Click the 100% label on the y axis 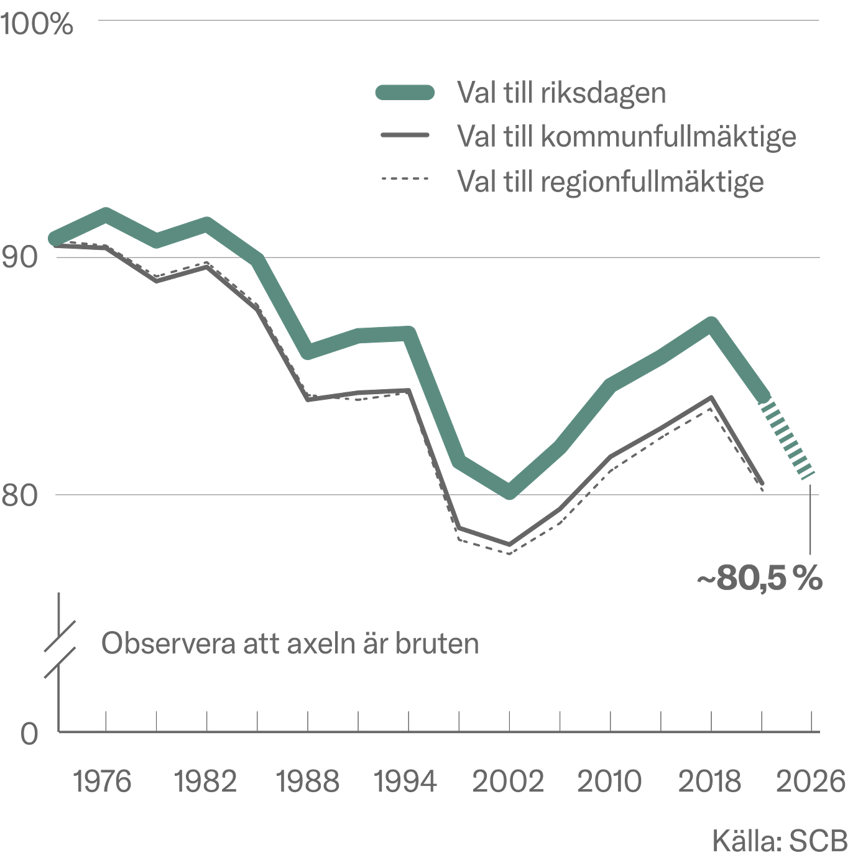click(37, 24)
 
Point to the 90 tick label click(20, 257)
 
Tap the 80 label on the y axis click(20, 495)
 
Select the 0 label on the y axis click(29, 733)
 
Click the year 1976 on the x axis click(102, 782)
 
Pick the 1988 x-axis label click(308, 782)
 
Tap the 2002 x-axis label click(508, 782)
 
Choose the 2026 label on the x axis click(810, 782)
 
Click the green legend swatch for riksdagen click(405, 92)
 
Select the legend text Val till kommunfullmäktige click(627, 136)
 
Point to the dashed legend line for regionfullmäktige click(405, 179)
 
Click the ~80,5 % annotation click(760, 579)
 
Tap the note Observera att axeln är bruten click(290, 643)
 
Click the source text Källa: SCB click(780, 841)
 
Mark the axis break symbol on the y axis click(59, 650)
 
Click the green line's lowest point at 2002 click(509, 491)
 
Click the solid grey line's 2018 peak click(711, 398)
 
